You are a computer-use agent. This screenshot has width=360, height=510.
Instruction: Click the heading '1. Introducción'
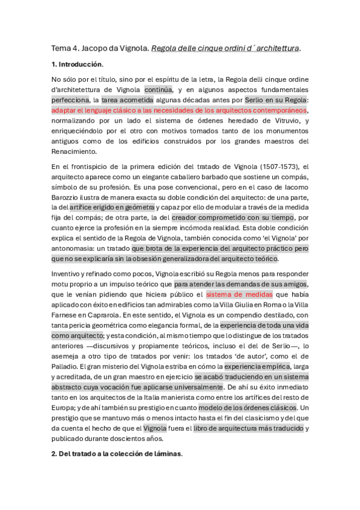(78, 64)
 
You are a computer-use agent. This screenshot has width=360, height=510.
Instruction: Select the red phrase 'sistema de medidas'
(239, 295)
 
